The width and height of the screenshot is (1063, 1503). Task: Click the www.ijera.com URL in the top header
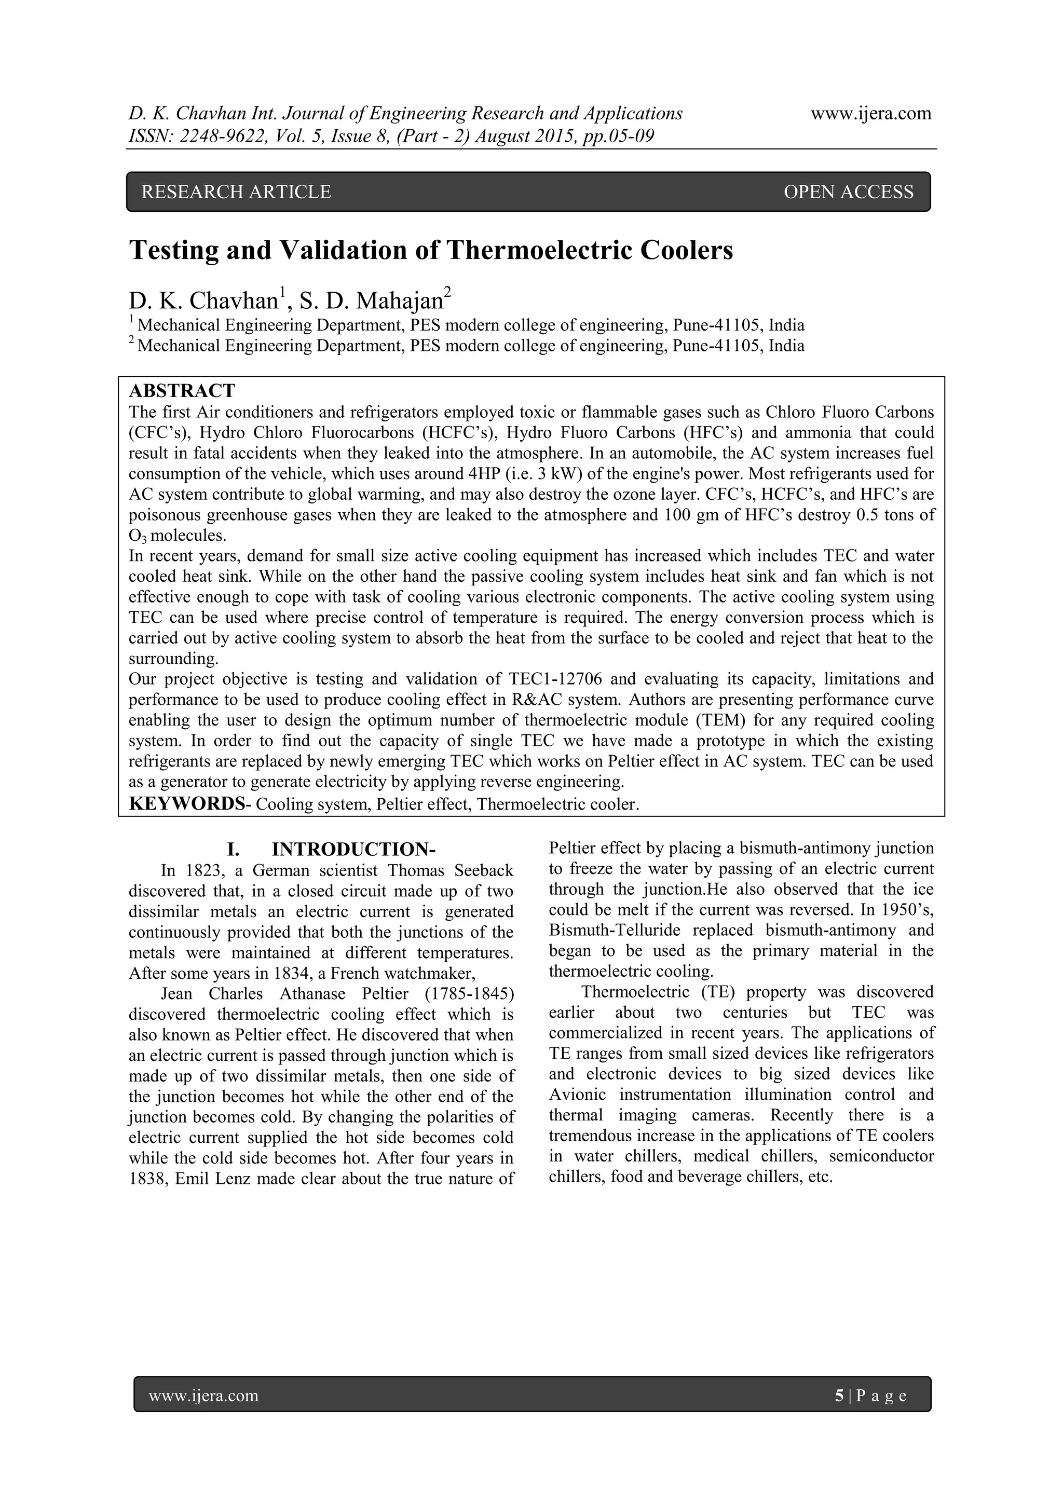(x=870, y=113)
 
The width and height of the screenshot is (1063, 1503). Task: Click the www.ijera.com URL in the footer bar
(x=203, y=1396)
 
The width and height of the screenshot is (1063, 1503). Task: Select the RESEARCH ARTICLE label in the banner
(x=236, y=192)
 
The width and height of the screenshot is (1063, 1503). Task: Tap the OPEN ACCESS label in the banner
(x=848, y=192)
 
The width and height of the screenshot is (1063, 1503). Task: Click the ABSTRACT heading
(x=182, y=391)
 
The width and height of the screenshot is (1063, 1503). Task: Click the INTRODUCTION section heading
(x=353, y=850)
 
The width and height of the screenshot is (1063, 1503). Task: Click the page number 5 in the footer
(x=839, y=1396)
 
